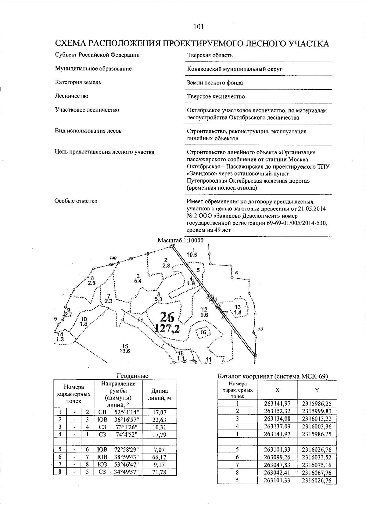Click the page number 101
198,27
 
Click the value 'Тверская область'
210,55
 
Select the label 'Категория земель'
78,82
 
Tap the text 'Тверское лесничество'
216,97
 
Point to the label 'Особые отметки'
76,201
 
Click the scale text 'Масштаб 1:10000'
180,241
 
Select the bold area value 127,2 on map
167,328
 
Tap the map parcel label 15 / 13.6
125,348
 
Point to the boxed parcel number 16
203,332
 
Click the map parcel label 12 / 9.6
204,312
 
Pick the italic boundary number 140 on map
113,258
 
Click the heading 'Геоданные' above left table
132,376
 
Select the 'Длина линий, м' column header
159,395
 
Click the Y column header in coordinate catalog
317,390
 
